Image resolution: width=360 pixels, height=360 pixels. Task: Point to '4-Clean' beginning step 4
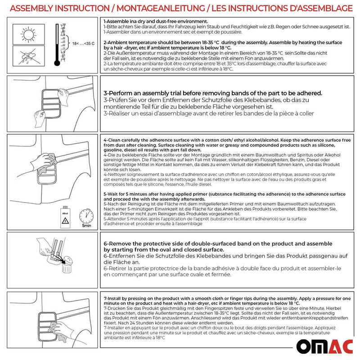click(x=111, y=140)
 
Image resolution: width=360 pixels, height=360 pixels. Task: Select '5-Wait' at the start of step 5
click(x=111, y=193)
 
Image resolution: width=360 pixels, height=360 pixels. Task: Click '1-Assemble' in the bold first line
click(x=117, y=21)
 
